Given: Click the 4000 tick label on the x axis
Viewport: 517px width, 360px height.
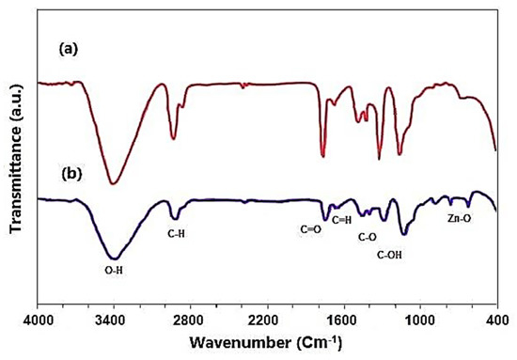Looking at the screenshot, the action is click(x=37, y=320).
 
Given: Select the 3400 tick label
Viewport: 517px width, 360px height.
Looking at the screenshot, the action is click(x=114, y=320).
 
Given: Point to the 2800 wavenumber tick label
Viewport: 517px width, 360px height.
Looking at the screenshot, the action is click(x=190, y=320).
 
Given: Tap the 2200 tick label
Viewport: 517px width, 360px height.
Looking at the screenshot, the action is click(x=267, y=320).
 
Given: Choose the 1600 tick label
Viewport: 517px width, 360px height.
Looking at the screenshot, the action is click(x=344, y=320).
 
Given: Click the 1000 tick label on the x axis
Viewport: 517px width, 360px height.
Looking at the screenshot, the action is click(x=420, y=320).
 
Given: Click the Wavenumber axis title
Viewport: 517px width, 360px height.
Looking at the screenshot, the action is click(x=266, y=343).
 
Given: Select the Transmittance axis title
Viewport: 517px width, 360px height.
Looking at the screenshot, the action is click(x=16, y=159).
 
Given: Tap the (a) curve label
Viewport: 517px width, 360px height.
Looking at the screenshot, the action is click(x=69, y=49).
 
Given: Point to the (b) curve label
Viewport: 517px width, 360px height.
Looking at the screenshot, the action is click(x=71, y=174).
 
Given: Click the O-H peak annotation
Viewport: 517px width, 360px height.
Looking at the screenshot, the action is click(x=114, y=271).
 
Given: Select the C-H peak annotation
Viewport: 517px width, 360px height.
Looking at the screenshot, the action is click(x=176, y=234).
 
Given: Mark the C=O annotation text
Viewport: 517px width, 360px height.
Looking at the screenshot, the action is click(x=310, y=229).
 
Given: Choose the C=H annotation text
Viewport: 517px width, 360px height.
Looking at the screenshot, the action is click(x=341, y=220).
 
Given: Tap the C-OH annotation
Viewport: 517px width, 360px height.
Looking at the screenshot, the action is click(x=389, y=255).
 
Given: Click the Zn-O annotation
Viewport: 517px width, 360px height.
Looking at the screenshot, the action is click(x=459, y=218).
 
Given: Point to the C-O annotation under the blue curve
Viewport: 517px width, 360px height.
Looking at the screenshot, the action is click(x=367, y=237).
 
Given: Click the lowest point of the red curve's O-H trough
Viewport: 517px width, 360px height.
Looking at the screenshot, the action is click(x=113, y=183).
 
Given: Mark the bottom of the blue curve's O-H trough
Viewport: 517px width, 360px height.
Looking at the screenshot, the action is click(x=115, y=258).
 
